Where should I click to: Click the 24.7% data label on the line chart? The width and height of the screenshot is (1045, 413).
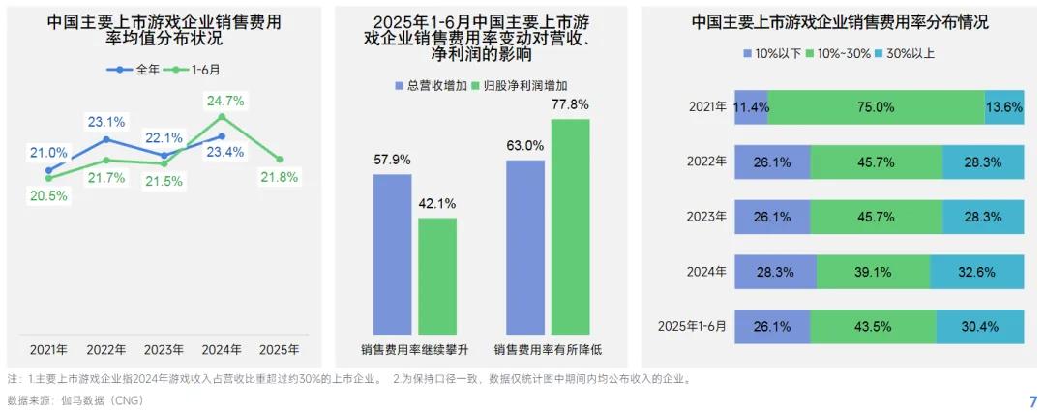pyautogui.click(x=224, y=100)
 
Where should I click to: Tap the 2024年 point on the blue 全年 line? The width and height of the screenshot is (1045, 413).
pyautogui.click(x=223, y=136)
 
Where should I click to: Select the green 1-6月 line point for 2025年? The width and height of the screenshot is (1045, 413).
pyautogui.click(x=280, y=160)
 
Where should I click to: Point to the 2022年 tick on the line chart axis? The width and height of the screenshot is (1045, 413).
pyautogui.click(x=106, y=349)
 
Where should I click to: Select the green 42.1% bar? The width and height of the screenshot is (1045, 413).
pyautogui.click(x=437, y=276)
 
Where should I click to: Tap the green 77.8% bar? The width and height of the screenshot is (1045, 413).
pyautogui.click(x=570, y=226)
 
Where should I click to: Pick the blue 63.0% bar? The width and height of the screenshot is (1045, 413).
pyautogui.click(x=525, y=247)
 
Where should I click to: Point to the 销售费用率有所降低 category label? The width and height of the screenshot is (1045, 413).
pyautogui.click(x=547, y=349)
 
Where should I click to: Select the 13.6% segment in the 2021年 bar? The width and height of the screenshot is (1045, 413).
pyautogui.click(x=1003, y=107)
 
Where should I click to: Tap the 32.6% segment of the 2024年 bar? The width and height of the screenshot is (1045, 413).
pyautogui.click(x=975, y=272)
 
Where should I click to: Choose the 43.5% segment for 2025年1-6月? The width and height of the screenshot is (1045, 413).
pyautogui.click(x=874, y=326)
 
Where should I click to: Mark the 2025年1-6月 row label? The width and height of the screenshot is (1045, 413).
pyautogui.click(x=691, y=326)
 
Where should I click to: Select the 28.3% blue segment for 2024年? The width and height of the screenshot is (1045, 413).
pyautogui.click(x=775, y=272)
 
